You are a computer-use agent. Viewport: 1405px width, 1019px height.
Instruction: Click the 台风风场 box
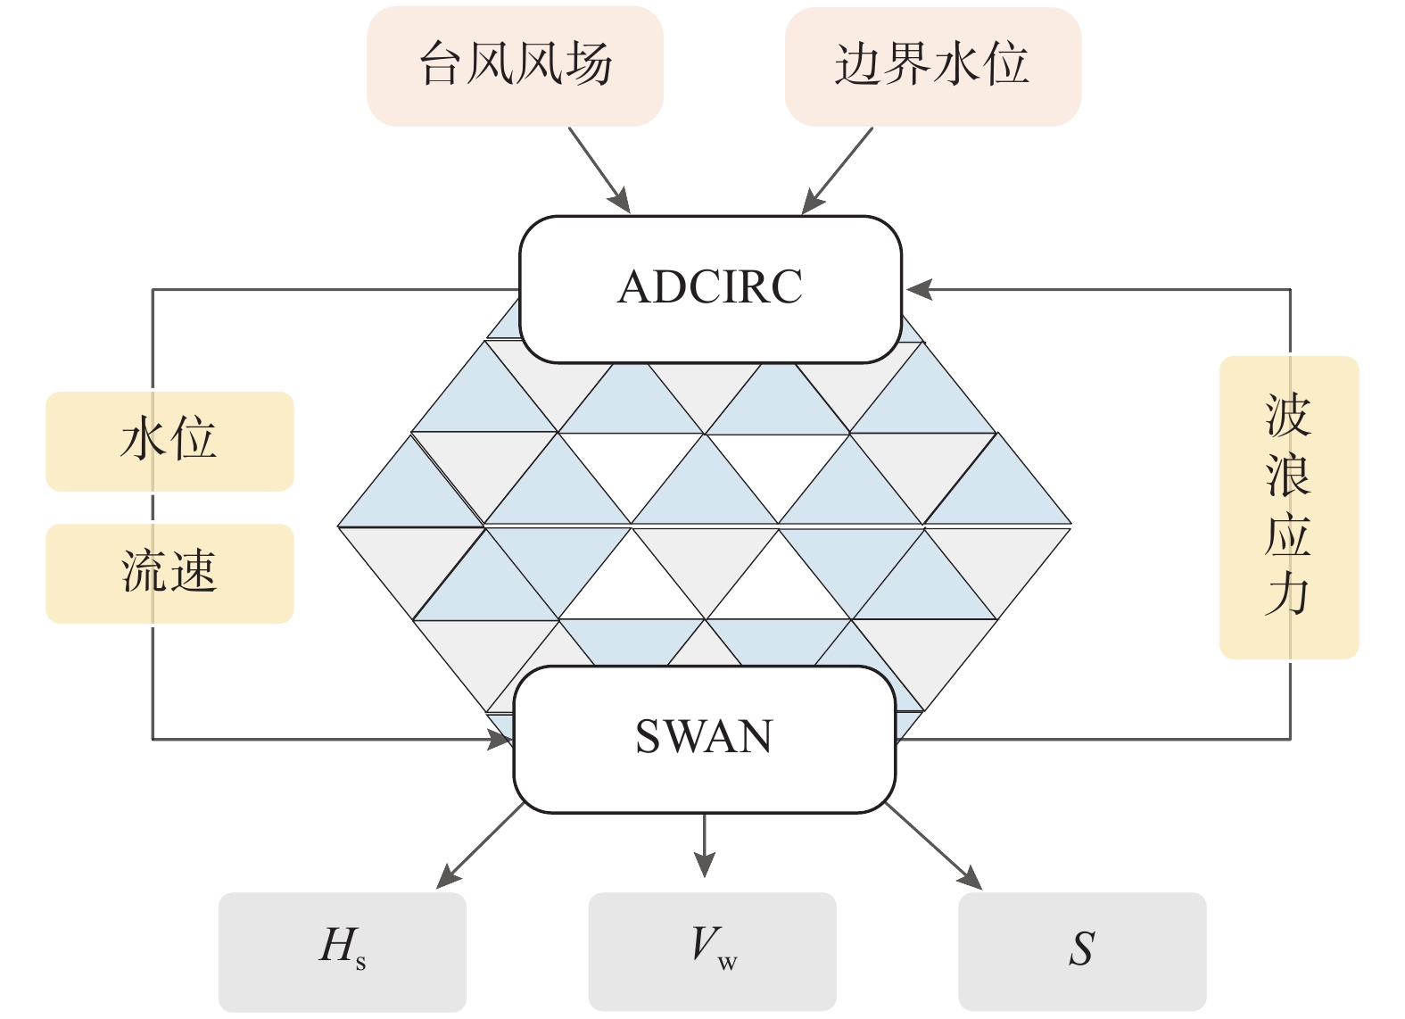point(515,66)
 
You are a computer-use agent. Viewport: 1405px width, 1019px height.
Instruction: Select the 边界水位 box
point(932,66)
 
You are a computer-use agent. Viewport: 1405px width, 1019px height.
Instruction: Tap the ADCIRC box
point(710,288)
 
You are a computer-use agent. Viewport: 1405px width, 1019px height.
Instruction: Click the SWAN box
point(704,738)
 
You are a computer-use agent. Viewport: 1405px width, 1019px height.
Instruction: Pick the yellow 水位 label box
point(169,441)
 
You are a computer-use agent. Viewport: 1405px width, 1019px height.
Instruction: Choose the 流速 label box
point(169,573)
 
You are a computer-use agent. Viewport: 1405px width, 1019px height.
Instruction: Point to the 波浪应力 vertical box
point(1288,507)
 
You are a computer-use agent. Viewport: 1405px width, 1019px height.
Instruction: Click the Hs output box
point(342,950)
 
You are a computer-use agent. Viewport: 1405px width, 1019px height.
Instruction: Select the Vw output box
point(712,950)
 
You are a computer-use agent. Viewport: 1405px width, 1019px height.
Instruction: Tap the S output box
point(1081,950)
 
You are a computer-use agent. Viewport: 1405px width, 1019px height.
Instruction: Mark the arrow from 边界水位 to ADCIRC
point(838,170)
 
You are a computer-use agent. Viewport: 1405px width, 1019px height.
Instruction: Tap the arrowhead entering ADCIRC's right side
point(920,290)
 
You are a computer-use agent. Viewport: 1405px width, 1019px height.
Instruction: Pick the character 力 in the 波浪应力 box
point(1287,595)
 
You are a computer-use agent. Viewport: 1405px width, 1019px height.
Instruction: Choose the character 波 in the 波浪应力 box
point(1287,416)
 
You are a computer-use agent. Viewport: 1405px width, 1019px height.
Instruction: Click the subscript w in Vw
point(727,963)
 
